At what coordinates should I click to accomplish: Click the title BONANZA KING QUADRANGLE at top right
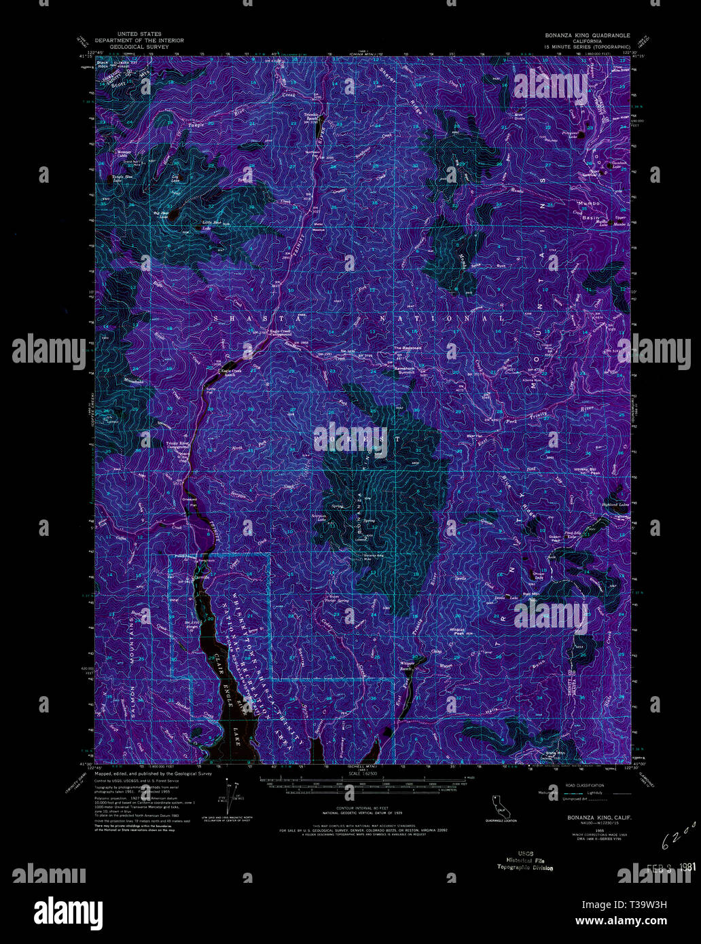pos(586,35)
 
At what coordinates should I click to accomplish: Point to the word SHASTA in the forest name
pos(240,318)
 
